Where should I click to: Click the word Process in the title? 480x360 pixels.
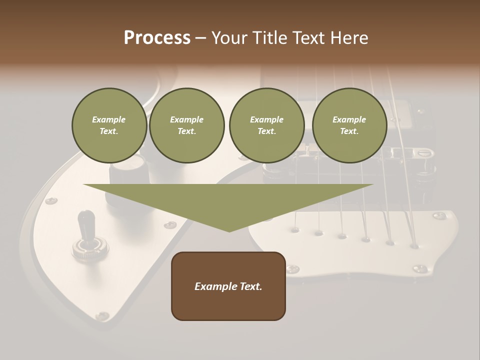point(157,38)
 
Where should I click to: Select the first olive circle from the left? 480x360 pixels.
point(109,125)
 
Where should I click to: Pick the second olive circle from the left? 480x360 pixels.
point(186,125)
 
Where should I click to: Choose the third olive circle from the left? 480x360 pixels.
point(266,125)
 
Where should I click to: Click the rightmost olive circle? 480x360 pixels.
point(349,125)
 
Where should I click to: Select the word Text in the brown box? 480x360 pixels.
point(250,286)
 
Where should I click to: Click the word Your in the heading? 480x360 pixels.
point(227,38)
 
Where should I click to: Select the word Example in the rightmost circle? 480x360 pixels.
point(349,119)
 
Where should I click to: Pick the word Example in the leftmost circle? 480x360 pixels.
point(109,119)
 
